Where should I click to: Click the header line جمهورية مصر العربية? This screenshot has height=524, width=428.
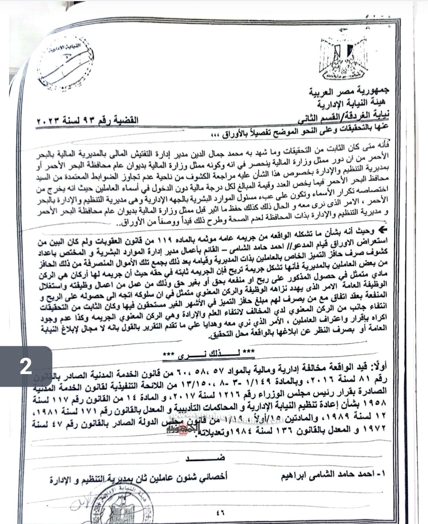[350, 92]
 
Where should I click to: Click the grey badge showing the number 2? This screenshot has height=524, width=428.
[26, 366]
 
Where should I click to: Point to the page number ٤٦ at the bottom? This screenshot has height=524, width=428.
[220, 512]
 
